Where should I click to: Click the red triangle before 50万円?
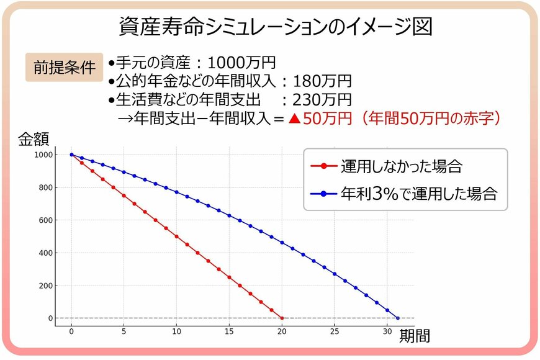(x=294, y=119)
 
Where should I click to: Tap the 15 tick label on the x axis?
(x=230, y=331)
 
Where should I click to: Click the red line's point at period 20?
(x=282, y=318)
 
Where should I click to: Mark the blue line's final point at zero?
(x=398, y=318)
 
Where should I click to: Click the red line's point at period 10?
(x=177, y=236)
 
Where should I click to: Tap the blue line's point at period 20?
(x=282, y=242)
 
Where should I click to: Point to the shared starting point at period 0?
(x=71, y=155)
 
